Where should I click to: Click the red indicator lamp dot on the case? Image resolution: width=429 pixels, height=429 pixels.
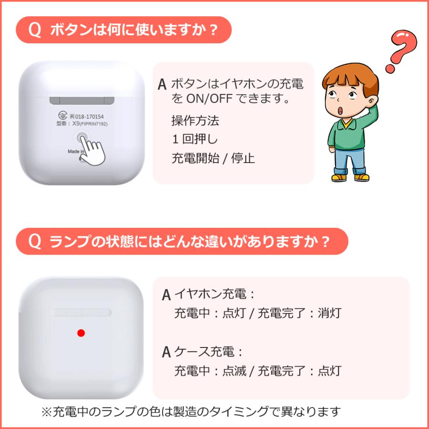click(x=81, y=333)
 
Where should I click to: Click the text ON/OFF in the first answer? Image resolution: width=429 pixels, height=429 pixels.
click(x=207, y=100)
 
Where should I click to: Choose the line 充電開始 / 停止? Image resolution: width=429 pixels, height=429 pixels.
click(x=213, y=158)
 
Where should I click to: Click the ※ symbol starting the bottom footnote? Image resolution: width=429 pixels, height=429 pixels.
click(x=47, y=411)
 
